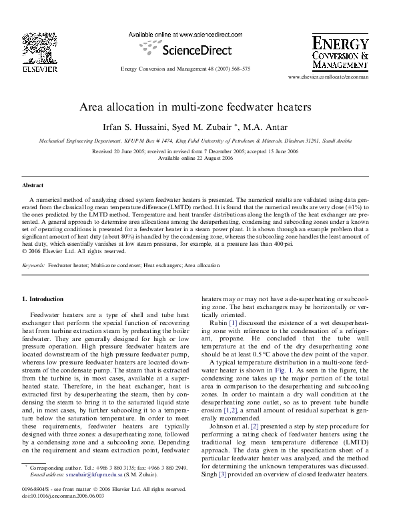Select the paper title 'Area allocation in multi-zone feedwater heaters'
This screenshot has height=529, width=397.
click(198, 107)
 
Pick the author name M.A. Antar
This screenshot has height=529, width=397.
click(259, 127)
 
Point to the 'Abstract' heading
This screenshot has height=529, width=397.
click(33, 185)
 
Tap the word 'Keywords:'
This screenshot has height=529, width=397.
click(33, 265)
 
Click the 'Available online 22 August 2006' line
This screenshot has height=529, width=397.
click(198, 158)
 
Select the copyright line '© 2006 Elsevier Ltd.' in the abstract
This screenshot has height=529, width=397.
click(73, 251)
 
